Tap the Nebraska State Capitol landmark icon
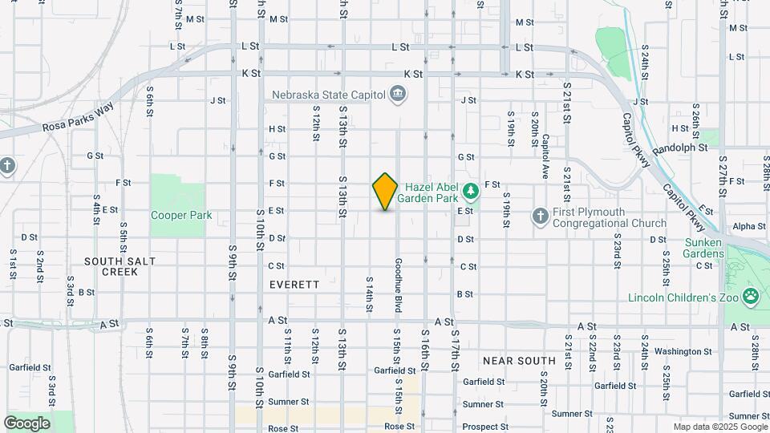coord(397,95)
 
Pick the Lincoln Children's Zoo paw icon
coord(751,296)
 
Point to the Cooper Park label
coord(180,215)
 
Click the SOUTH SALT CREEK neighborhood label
coord(111,266)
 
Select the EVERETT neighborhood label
coord(294,285)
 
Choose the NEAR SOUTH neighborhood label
coord(519,361)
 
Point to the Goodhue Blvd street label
coord(396,285)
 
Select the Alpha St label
coord(749,227)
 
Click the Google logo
coord(26,423)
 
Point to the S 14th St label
coord(370,295)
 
